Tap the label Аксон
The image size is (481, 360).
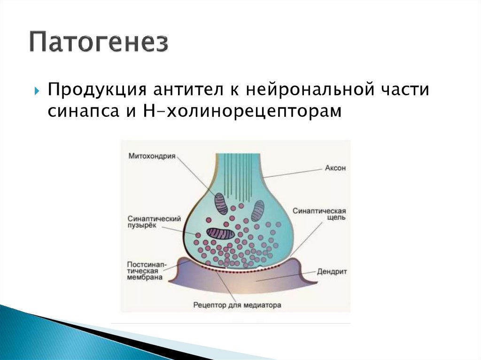(x=334, y=168)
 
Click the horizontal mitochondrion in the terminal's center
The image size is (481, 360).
(x=221, y=233)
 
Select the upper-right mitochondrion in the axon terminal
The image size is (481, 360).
(x=257, y=211)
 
